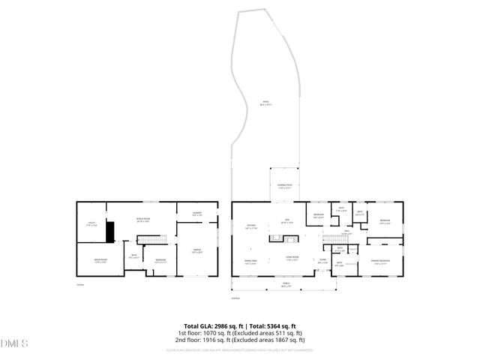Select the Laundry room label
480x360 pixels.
(x=196, y=214)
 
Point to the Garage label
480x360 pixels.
(x=196, y=251)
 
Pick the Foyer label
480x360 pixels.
(x=322, y=261)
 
